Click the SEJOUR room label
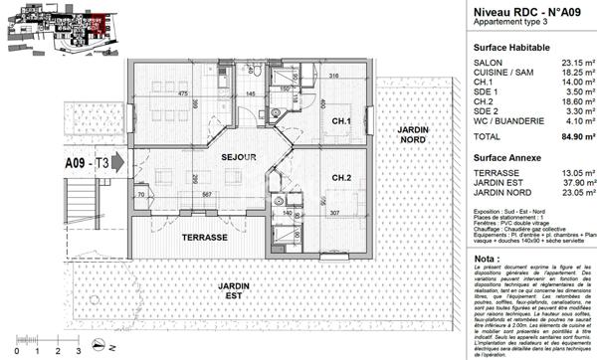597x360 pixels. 239,158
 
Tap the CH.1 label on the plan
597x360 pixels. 342,122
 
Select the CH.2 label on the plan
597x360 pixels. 342,178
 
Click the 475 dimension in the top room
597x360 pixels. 183,93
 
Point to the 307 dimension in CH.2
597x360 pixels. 335,214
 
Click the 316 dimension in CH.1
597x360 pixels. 334,76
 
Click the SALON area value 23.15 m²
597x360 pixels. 576,63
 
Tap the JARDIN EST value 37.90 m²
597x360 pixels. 576,181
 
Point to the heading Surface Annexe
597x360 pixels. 506,157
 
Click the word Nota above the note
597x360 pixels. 487,258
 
